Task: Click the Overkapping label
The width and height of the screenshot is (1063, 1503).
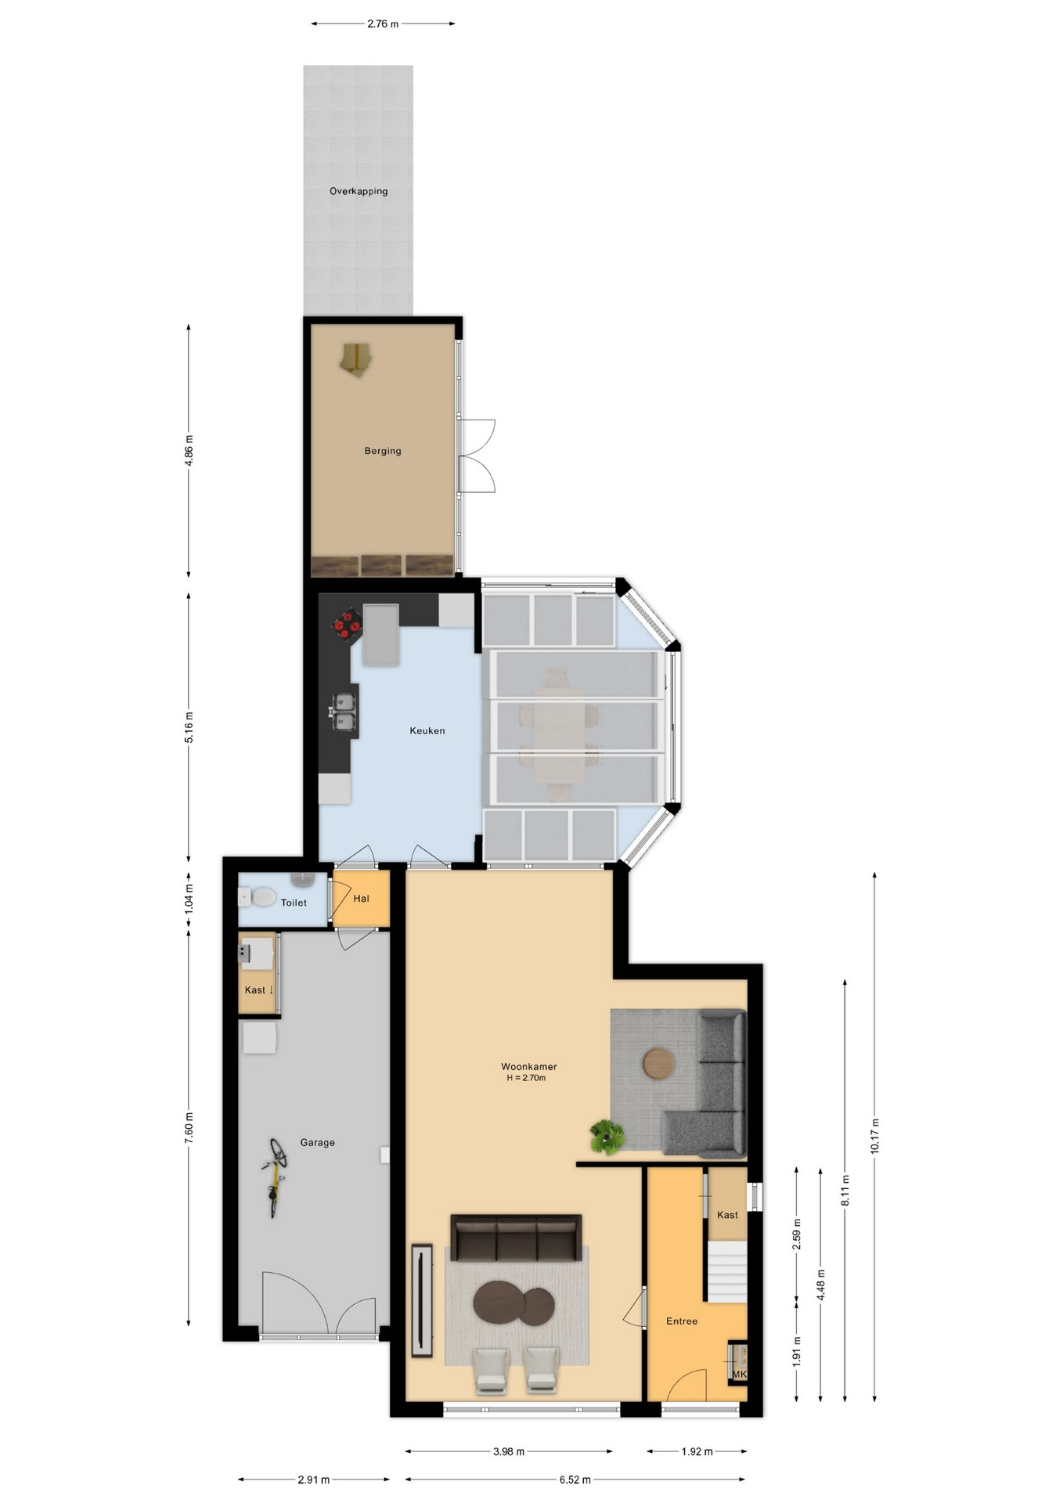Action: pos(359,191)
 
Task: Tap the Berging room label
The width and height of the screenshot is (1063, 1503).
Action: pos(383,451)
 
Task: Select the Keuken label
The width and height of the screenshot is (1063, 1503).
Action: pos(427,730)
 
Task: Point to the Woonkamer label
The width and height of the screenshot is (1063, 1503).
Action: pos(529,1066)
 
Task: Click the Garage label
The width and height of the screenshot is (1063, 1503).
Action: pos(318,1142)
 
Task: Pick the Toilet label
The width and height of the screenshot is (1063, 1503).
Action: pos(294,903)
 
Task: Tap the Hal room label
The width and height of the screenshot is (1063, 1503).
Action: pos(361,899)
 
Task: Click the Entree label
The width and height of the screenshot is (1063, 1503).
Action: pos(682,1321)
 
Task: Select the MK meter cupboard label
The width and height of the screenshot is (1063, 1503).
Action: pos(740,1374)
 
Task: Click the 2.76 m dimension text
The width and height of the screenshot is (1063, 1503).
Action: pos(383,23)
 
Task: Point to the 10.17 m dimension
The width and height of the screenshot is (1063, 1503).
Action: pos(874,1135)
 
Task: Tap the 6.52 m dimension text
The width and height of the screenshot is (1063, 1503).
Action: pos(575,1480)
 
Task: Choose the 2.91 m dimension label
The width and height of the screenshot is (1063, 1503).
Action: pos(314,1480)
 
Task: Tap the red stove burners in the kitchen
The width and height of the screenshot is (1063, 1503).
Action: pos(347,624)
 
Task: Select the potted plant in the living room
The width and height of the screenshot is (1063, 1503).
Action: pos(607,1136)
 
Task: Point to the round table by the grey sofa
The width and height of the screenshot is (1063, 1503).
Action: pos(658,1063)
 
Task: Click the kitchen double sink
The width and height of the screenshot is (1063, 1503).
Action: pos(343,712)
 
